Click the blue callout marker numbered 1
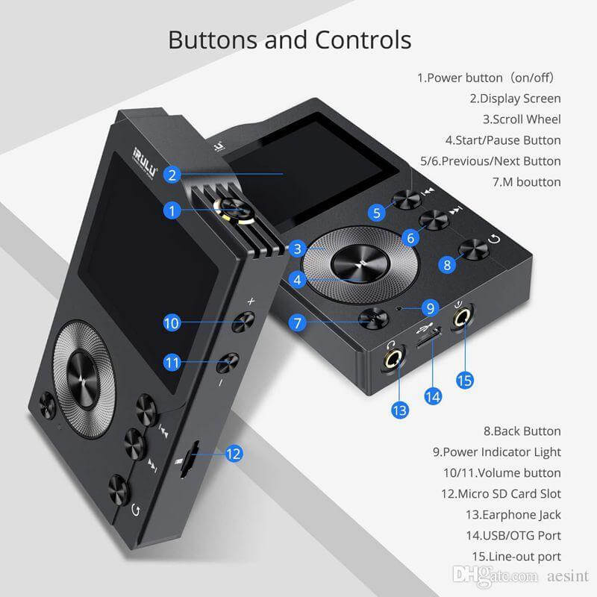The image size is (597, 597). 172,211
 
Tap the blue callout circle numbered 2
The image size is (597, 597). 172,175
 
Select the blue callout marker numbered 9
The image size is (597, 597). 428,307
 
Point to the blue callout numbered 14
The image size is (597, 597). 433,396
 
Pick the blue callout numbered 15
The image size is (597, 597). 464,380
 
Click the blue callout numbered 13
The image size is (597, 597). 401,410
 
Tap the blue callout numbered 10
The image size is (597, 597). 172,322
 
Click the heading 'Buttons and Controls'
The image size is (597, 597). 290,40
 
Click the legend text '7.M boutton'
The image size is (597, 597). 526,182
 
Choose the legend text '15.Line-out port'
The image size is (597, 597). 516,557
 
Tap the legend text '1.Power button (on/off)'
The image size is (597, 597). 496,78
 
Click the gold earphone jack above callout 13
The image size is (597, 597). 392,360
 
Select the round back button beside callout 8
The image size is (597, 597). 473,249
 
